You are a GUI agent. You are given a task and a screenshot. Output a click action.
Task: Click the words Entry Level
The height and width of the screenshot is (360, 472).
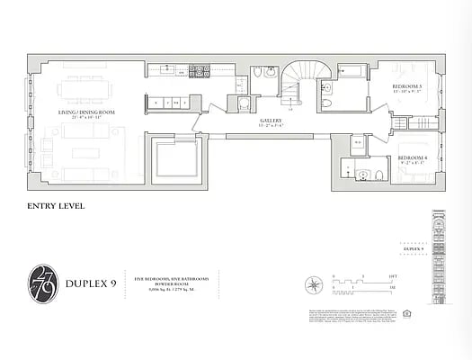pos(58,206)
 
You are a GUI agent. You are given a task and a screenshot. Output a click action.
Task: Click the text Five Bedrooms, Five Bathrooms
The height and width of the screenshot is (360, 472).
pos(166,277)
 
